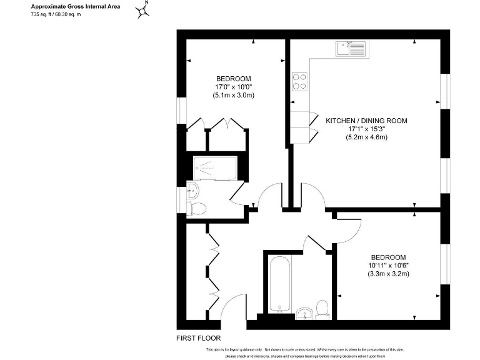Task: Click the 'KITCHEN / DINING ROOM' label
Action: tap(366, 121)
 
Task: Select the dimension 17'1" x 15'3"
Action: tap(367, 129)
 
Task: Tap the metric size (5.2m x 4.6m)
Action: tap(367, 137)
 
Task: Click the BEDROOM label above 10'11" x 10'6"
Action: tap(387, 257)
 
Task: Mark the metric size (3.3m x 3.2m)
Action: tap(387, 274)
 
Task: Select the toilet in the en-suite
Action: tap(196, 207)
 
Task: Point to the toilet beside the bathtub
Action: tap(322, 309)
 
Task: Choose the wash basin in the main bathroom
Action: tap(305, 312)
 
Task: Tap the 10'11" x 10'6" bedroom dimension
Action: tap(387, 266)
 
